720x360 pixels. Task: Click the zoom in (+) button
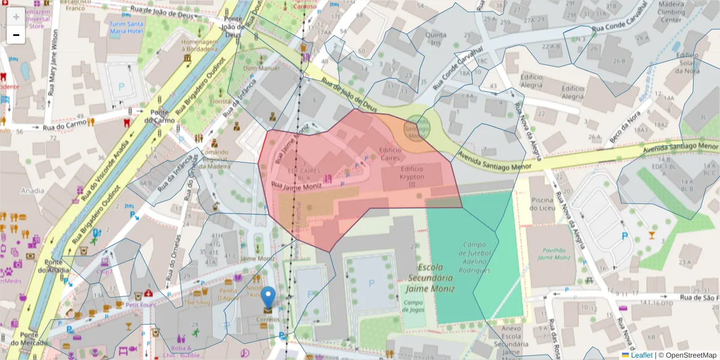(16, 16)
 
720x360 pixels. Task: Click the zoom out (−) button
(16, 35)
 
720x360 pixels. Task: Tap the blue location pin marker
(268, 297)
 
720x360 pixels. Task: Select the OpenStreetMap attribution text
(688, 355)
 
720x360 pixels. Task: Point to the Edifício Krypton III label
(408, 177)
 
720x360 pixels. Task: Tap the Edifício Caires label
(390, 153)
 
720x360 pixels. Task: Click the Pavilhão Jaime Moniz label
(553, 253)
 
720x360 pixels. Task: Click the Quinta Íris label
(436, 39)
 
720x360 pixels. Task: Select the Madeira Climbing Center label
(671, 13)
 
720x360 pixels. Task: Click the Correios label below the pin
(268, 320)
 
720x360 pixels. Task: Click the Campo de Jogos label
(413, 305)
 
